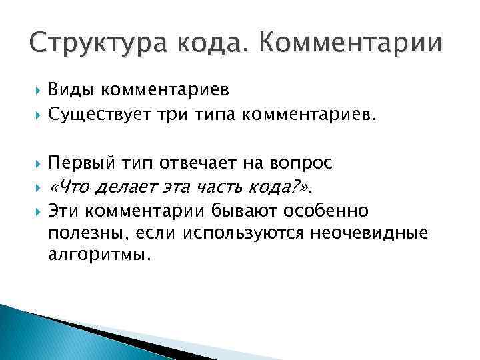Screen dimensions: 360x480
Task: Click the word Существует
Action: [x=100, y=117]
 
